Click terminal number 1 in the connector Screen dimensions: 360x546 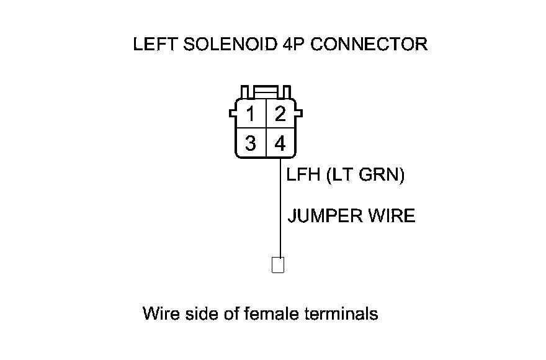[x=251, y=115]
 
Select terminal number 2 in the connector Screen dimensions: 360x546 [x=280, y=115]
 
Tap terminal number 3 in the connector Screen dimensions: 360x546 [x=251, y=144]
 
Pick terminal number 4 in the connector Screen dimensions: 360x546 [x=280, y=144]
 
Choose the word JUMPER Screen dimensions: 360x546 [x=325, y=216]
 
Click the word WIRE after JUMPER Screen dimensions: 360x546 [x=392, y=216]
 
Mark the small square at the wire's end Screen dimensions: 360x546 [x=279, y=265]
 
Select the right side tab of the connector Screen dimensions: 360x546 [x=299, y=114]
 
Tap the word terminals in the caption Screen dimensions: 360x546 [x=342, y=313]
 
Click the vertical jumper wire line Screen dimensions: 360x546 [x=280, y=211]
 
